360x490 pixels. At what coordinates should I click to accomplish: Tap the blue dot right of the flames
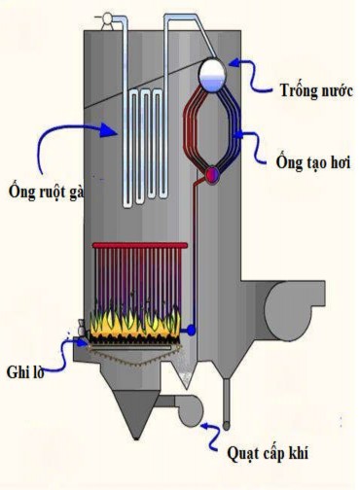tap(192, 331)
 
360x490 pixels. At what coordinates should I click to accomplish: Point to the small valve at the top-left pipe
tap(100, 17)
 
